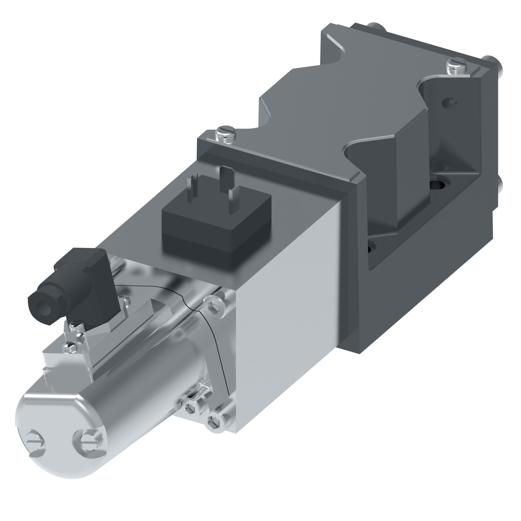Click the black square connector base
(x=216, y=229)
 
